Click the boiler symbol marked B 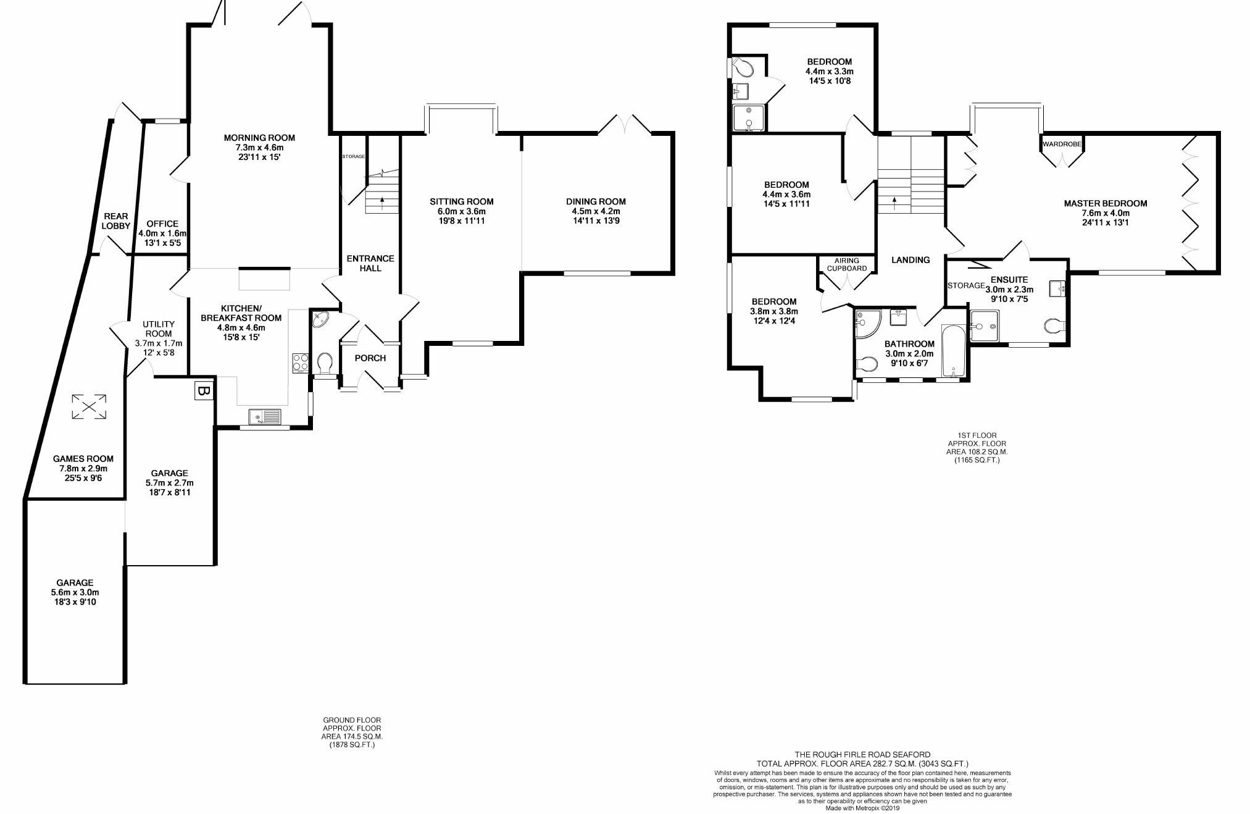204,391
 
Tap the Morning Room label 259,138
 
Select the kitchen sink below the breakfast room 265,417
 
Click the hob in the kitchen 300,363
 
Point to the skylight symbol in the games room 89,406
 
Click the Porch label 370,358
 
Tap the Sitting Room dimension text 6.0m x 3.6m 462,211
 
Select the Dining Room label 596,201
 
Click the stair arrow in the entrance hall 382,199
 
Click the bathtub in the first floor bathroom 954,351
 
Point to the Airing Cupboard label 847,264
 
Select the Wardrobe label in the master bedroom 1062,144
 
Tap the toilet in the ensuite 1055,325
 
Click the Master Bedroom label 1105,203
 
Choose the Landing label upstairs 910,260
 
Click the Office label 162,224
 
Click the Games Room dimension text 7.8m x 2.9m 83,469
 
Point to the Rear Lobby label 116,221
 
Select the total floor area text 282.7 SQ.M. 862,764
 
